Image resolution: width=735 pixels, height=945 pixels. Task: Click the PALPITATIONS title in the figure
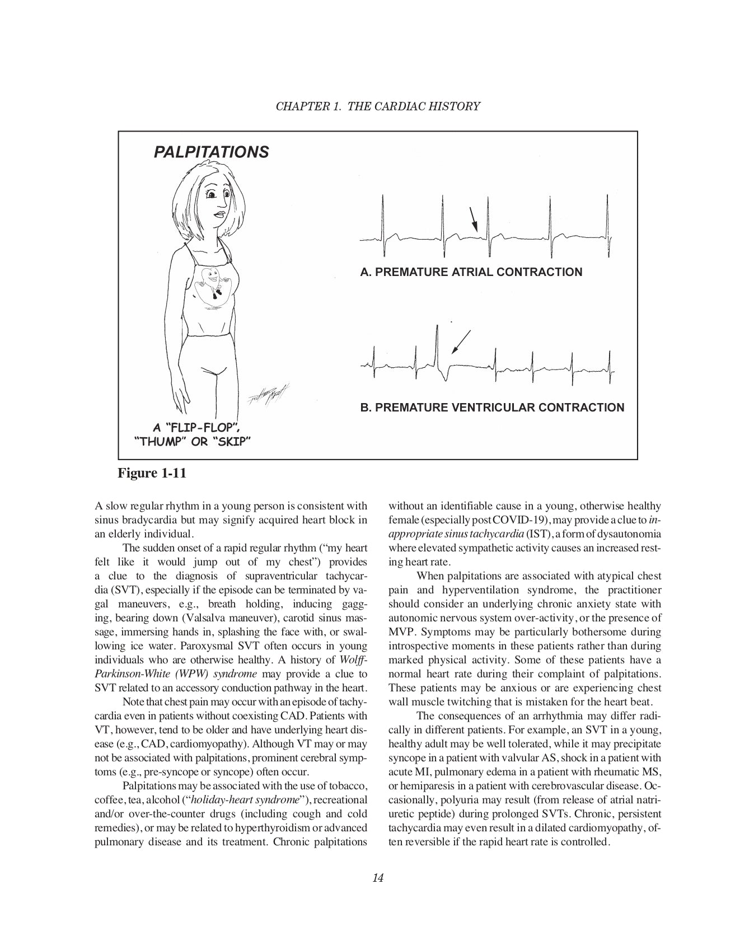211,152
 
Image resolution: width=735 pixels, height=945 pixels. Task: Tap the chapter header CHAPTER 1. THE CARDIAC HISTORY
378,106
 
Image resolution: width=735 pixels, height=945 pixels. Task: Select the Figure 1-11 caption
152,473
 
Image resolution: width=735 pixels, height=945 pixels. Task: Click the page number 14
377,878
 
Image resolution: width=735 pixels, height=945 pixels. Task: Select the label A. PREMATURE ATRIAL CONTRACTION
471,273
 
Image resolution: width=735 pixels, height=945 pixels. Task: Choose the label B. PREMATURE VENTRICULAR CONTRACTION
492,408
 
